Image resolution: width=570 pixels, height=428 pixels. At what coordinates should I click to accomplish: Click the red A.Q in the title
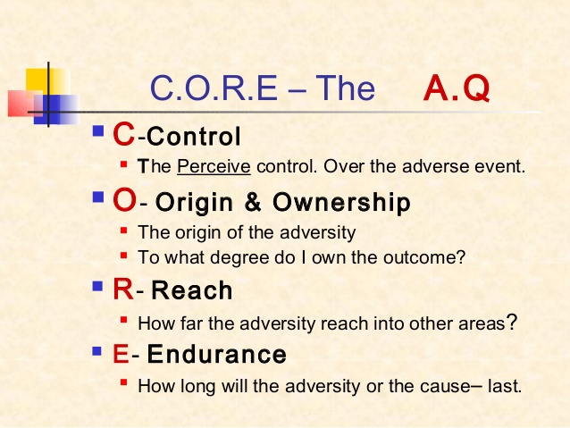(x=457, y=88)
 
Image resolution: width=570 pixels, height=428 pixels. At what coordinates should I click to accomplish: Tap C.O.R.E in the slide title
(x=214, y=88)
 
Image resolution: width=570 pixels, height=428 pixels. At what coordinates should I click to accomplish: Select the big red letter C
(x=124, y=134)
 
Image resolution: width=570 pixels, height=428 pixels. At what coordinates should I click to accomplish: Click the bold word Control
(x=194, y=137)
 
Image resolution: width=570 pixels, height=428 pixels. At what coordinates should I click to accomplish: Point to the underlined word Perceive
(x=214, y=166)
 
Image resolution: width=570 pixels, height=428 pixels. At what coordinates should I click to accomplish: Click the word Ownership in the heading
(x=341, y=202)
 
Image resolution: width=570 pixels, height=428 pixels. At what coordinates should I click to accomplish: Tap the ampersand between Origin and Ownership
(x=253, y=202)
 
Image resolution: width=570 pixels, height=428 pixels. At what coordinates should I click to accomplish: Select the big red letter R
(x=123, y=290)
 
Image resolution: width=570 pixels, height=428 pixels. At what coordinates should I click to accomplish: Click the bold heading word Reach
(x=191, y=290)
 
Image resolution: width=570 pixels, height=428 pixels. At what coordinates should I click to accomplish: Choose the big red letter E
(x=121, y=354)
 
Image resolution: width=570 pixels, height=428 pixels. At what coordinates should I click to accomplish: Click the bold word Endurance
(x=217, y=354)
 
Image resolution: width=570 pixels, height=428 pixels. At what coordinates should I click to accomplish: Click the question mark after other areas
(x=511, y=322)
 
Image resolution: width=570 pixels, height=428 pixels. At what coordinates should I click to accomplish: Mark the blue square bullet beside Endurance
(x=97, y=351)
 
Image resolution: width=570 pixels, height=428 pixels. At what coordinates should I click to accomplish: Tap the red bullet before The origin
(x=124, y=231)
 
